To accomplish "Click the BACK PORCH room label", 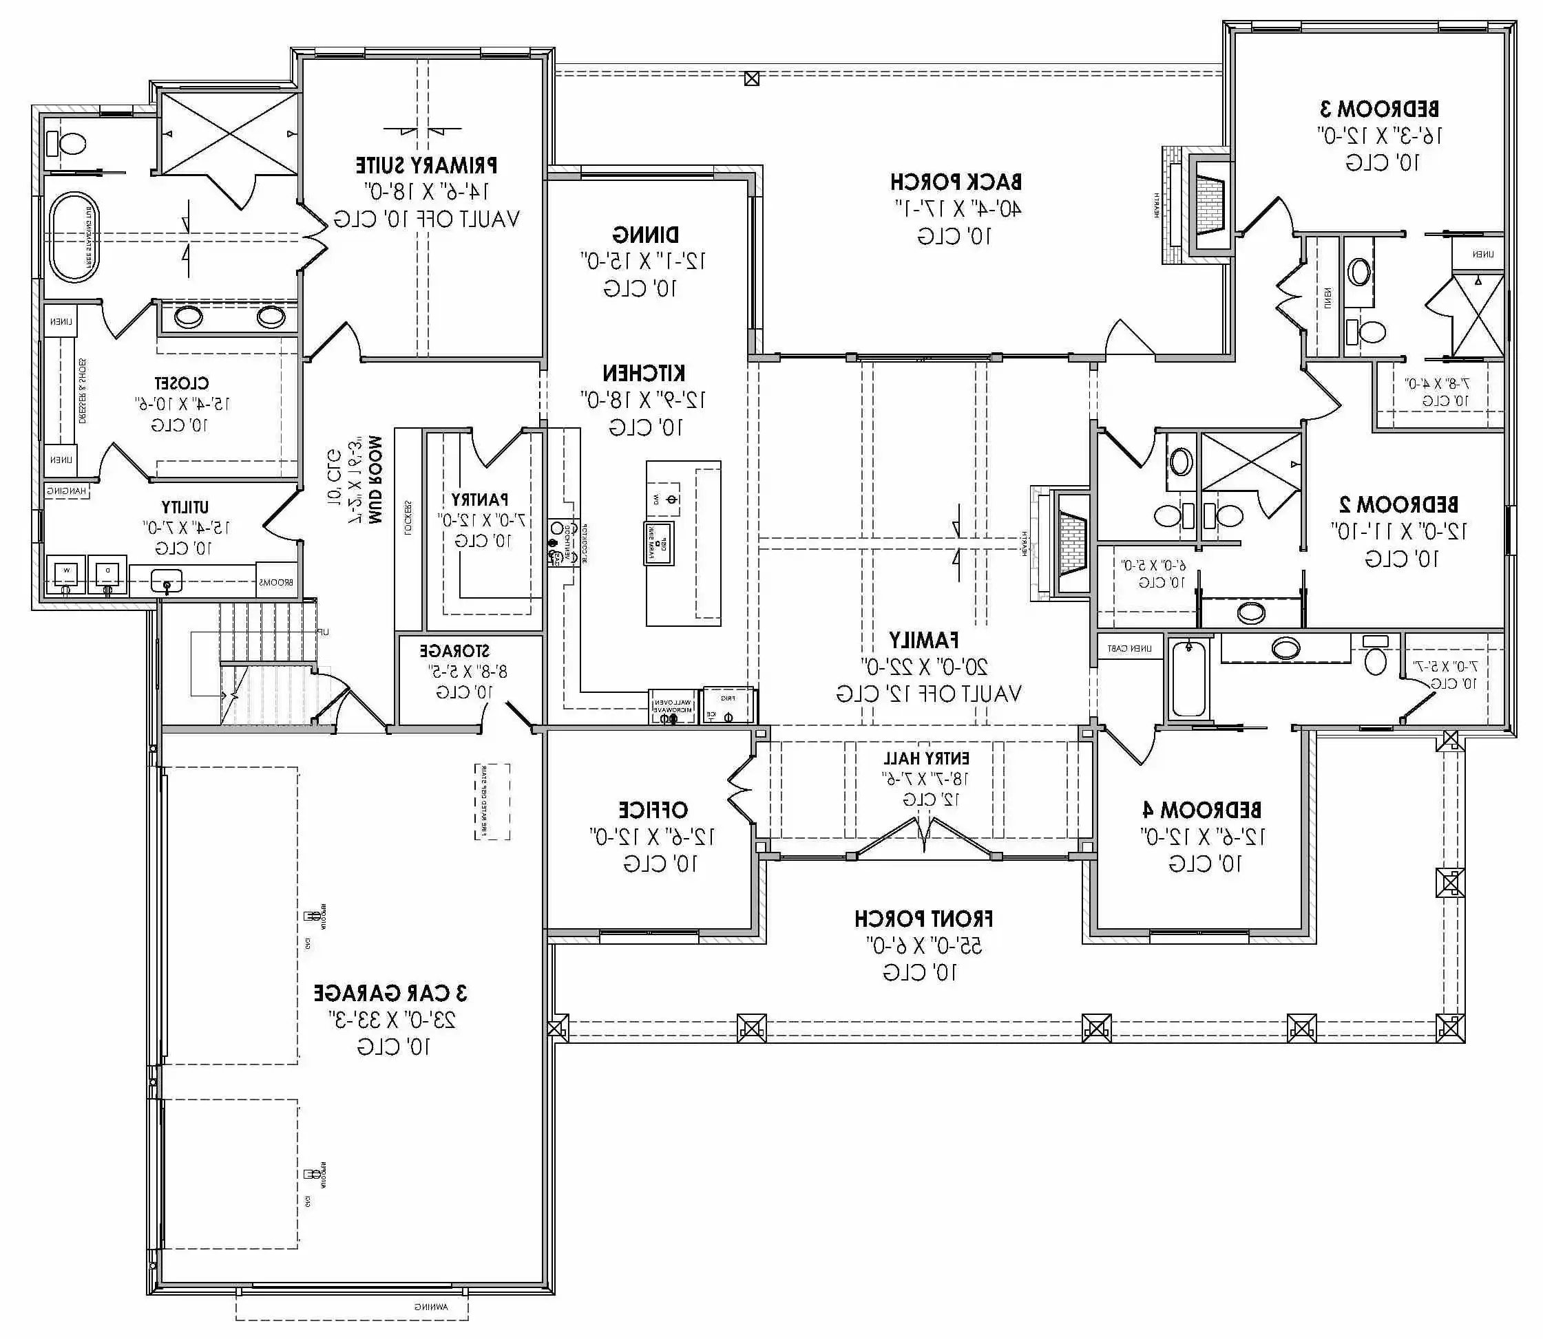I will point(956,182).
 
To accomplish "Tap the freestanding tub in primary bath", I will point(72,237).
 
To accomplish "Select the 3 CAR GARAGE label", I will point(390,993).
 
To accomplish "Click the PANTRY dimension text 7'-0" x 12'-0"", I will point(482,520).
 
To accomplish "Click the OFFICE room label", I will point(653,810).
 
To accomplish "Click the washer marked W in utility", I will point(66,574).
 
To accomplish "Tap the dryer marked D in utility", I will point(107,574).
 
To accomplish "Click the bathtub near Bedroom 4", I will point(1188,678).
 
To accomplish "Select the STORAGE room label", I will point(454,651).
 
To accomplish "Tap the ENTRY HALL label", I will point(925,758).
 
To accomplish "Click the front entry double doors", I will point(925,837).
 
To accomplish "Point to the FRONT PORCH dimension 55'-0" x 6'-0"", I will point(924,946).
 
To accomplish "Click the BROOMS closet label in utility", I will point(277,582).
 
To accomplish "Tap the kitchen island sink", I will point(660,542).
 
